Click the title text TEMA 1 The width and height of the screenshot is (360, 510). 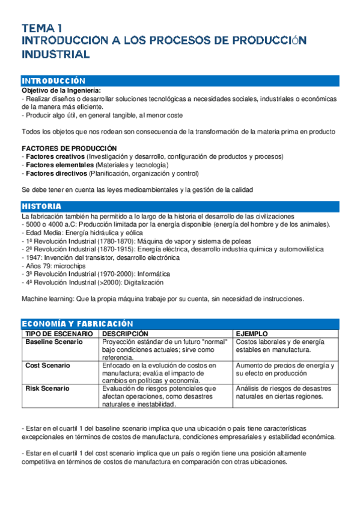click(x=41, y=28)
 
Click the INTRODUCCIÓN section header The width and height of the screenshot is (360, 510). click(x=53, y=81)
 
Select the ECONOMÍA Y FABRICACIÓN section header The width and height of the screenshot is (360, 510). click(x=77, y=324)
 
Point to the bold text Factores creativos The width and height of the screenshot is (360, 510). click(x=55, y=156)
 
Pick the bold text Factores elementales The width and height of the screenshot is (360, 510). click(x=58, y=165)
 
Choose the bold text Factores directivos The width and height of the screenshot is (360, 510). click(x=56, y=173)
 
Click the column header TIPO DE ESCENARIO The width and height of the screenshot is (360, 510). click(x=58, y=333)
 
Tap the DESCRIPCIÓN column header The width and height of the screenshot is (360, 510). click(x=125, y=333)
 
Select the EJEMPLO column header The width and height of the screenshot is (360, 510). click(x=252, y=333)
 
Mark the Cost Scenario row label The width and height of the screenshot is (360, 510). click(x=47, y=365)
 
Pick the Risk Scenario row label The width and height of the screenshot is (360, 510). click(x=47, y=389)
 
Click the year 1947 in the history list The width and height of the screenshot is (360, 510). click(x=32, y=257)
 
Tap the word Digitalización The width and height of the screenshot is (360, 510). click(x=142, y=282)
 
